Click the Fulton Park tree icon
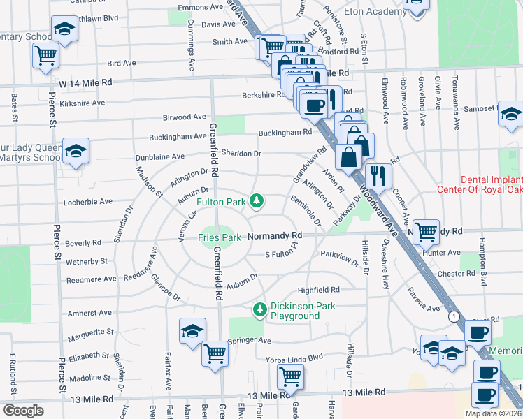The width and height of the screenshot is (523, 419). coord(257,202)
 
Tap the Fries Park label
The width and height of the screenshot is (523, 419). coord(219,237)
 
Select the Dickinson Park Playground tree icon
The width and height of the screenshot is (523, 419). coord(260,308)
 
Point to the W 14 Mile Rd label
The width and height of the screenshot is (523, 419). coord(85,82)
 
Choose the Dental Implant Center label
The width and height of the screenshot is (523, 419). coord(479,184)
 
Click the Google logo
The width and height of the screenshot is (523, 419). coord(23,411)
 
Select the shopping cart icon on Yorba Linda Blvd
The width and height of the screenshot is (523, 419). coord(289,376)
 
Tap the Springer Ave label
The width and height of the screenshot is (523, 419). coord(248,341)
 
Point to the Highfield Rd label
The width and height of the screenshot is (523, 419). coord(318,289)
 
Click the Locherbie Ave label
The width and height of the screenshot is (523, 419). coord(87,201)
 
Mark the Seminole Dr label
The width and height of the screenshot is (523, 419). coord(306,212)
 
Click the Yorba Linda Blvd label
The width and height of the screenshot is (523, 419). coord(295,356)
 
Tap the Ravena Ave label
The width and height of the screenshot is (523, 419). coord(424,298)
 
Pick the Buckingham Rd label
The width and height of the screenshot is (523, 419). coord(285,132)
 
